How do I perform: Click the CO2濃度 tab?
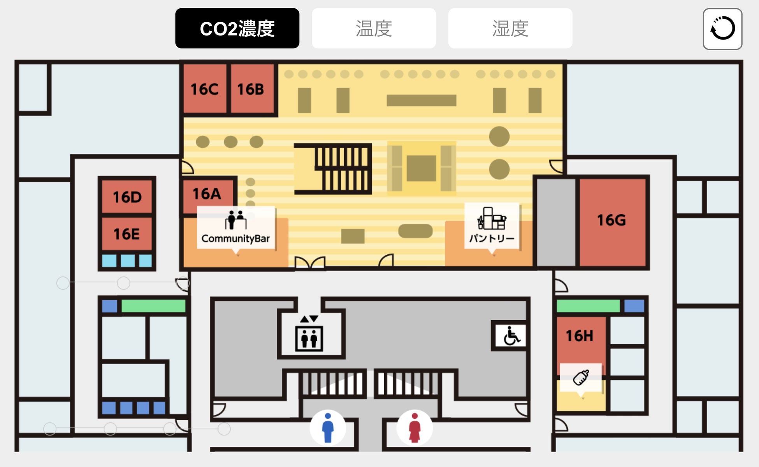click(x=237, y=28)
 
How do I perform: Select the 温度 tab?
click(x=373, y=28)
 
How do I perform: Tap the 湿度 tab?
click(x=510, y=28)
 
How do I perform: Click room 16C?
click(x=205, y=89)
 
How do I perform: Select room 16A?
click(x=207, y=194)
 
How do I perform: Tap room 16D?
click(x=127, y=197)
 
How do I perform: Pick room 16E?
click(x=127, y=234)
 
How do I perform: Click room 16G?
click(x=612, y=220)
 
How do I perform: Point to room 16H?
click(x=580, y=336)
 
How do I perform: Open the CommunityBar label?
click(x=236, y=228)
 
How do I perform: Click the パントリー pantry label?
click(x=492, y=226)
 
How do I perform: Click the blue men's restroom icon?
click(x=328, y=428)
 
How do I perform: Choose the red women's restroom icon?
click(x=415, y=428)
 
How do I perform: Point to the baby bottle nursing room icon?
click(x=581, y=377)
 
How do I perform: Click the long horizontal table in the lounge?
click(x=421, y=100)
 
